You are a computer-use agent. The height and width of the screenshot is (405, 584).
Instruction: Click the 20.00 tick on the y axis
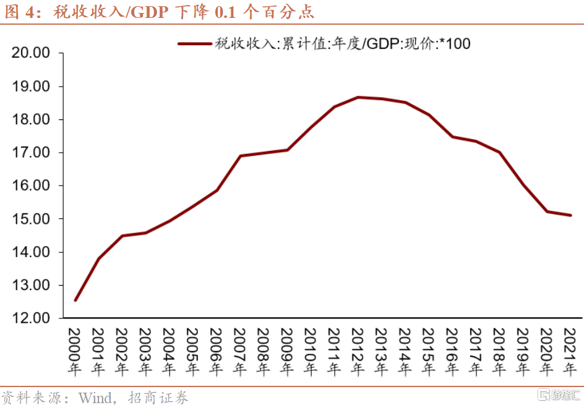point(31,53)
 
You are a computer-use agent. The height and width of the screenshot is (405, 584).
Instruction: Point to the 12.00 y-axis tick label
point(31,318)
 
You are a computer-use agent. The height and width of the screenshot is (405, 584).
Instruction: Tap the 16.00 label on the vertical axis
point(31,185)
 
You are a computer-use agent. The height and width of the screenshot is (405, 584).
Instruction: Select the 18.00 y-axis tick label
point(31,119)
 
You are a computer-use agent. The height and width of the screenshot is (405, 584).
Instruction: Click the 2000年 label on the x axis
point(75,352)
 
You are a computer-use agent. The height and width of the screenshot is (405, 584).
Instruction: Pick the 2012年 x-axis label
point(358,352)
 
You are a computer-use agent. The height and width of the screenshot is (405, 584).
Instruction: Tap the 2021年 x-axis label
point(570,352)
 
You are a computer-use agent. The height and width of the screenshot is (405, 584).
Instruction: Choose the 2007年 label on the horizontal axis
point(240,352)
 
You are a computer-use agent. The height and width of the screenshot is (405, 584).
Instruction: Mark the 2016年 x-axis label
point(452,352)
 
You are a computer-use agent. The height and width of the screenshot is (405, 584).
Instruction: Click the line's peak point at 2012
point(358,97)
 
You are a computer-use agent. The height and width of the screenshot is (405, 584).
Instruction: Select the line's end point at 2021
point(570,215)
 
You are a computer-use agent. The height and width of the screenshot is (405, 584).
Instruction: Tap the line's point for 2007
point(240,156)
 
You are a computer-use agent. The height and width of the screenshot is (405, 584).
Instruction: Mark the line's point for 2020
point(547,211)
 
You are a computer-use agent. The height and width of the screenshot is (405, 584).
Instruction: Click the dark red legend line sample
point(194,43)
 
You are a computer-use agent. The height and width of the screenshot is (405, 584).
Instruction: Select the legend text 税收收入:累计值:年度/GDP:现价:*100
point(343,43)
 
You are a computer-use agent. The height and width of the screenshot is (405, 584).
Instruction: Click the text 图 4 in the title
point(19,11)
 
